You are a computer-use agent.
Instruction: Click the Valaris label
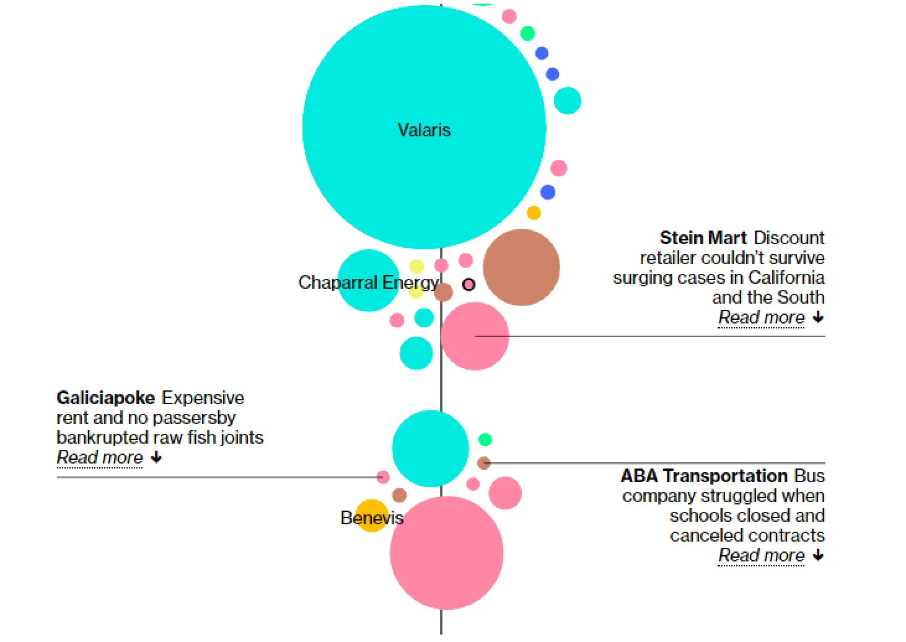click(x=424, y=130)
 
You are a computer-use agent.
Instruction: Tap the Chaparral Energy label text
click(x=368, y=283)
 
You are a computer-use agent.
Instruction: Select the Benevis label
click(x=372, y=518)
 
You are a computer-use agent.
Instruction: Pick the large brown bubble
click(x=521, y=268)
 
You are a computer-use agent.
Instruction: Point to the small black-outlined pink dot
click(x=469, y=284)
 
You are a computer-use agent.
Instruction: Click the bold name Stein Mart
click(x=703, y=238)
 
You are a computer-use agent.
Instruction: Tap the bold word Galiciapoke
click(x=106, y=398)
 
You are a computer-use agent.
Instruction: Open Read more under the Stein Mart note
click(x=761, y=317)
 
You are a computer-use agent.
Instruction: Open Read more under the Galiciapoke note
click(x=100, y=457)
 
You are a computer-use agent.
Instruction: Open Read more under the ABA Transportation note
click(x=761, y=555)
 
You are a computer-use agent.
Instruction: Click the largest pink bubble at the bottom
click(x=446, y=553)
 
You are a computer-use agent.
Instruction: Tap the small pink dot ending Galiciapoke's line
click(x=383, y=477)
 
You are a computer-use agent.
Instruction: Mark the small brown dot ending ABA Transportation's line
click(x=484, y=463)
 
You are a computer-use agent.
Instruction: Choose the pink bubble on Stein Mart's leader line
click(x=475, y=336)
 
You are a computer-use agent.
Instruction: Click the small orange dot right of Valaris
click(x=534, y=213)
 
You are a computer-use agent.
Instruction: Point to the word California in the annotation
click(x=786, y=278)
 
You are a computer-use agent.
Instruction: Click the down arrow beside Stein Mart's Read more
click(x=819, y=317)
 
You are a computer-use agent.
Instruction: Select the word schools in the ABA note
click(x=700, y=516)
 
